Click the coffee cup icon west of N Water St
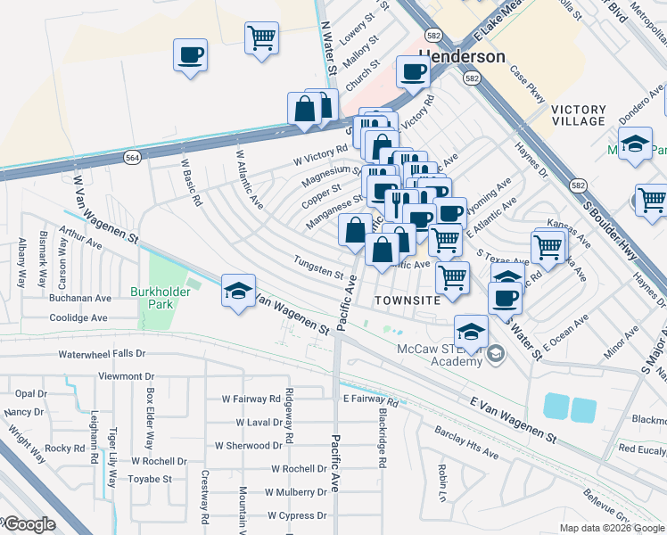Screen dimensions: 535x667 [x=191, y=55]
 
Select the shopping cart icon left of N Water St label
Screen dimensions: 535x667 [x=262, y=37]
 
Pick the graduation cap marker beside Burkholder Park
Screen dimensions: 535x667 [x=238, y=292]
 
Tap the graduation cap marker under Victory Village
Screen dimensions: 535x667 [x=634, y=144]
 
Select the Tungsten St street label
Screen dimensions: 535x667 [x=319, y=272]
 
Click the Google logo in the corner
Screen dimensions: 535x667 [x=29, y=523]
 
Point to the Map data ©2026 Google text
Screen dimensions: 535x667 [x=612, y=528]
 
